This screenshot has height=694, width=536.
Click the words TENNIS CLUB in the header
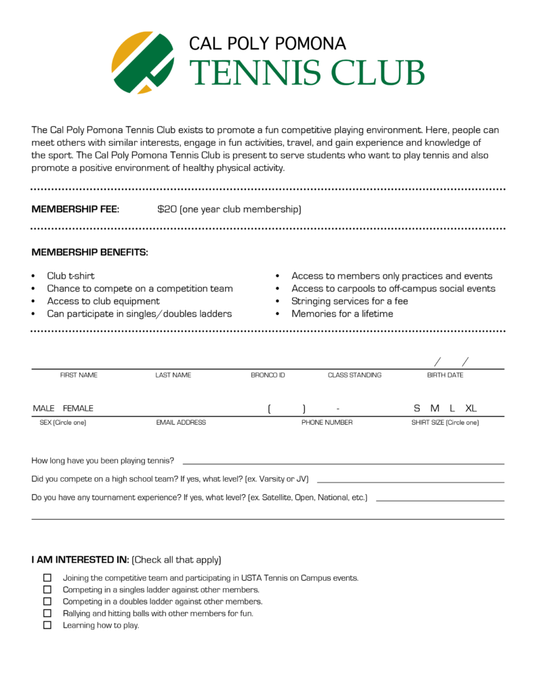click(x=306, y=73)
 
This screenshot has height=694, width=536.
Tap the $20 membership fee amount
click(x=167, y=209)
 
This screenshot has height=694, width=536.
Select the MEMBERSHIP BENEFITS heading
click(x=89, y=252)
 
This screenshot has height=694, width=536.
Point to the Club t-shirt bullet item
click(x=70, y=276)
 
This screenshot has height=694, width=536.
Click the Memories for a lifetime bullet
click(x=342, y=314)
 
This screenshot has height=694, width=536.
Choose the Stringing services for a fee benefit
click(x=350, y=301)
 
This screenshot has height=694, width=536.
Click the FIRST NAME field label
click(x=79, y=375)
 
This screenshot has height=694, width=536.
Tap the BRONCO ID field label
click(x=268, y=375)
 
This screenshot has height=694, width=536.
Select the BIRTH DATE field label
click(x=445, y=375)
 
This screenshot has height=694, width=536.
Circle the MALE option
click(x=43, y=408)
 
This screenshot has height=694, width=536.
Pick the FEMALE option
click(x=78, y=408)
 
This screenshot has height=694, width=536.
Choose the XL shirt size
click(x=471, y=408)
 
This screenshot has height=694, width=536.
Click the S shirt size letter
click(x=417, y=408)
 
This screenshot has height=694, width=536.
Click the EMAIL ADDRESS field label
click(x=181, y=422)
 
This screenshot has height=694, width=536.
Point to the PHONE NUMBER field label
click(x=327, y=422)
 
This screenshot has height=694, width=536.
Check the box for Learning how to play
click(x=47, y=625)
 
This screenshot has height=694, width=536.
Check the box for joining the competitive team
click(x=47, y=578)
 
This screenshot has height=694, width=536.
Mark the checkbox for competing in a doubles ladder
click(x=47, y=601)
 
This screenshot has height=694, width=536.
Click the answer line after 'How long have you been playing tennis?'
click(x=343, y=462)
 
